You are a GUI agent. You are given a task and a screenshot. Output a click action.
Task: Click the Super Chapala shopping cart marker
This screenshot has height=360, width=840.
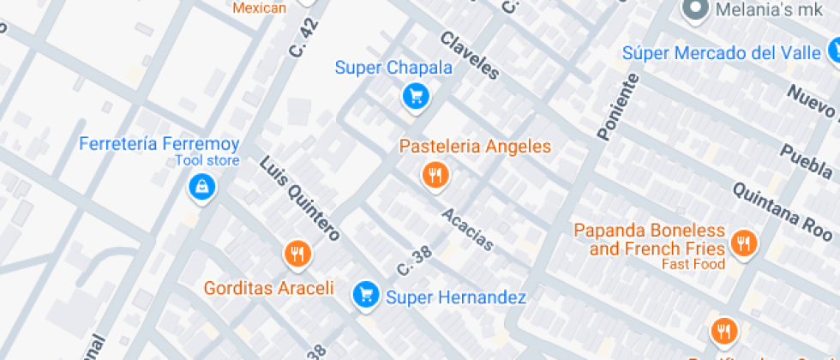tap(416, 96)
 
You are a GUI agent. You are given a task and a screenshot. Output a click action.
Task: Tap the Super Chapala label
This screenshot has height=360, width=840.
tap(381, 68)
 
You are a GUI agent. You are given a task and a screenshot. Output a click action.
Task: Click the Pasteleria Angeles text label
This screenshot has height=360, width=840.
tap(475, 147)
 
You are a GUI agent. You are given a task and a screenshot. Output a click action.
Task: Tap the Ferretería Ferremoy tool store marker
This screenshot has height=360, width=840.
tap(202, 186)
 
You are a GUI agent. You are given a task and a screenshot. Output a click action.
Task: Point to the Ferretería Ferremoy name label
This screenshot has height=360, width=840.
tap(159, 143)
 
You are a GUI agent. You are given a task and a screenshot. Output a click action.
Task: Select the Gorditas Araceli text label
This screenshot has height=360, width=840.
tap(268, 288)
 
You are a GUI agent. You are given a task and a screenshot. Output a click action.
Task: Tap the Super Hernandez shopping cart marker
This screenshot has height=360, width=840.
tap(367, 296)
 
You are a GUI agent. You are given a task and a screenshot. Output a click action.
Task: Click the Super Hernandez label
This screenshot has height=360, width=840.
tap(455, 297)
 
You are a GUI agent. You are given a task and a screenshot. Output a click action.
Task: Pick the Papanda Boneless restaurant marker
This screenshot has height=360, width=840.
tap(743, 244)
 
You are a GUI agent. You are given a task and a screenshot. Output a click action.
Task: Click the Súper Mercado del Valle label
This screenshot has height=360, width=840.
tap(722, 53)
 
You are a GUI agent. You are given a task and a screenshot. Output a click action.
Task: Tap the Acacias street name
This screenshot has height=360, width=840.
tap(468, 229)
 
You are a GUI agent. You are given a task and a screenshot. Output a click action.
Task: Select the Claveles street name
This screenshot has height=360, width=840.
tap(469, 56)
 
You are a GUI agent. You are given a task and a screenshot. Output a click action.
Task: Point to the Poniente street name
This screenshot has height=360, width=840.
tap(617, 106)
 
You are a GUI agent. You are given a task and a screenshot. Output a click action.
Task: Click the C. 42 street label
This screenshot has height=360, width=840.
tap(297, 40)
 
